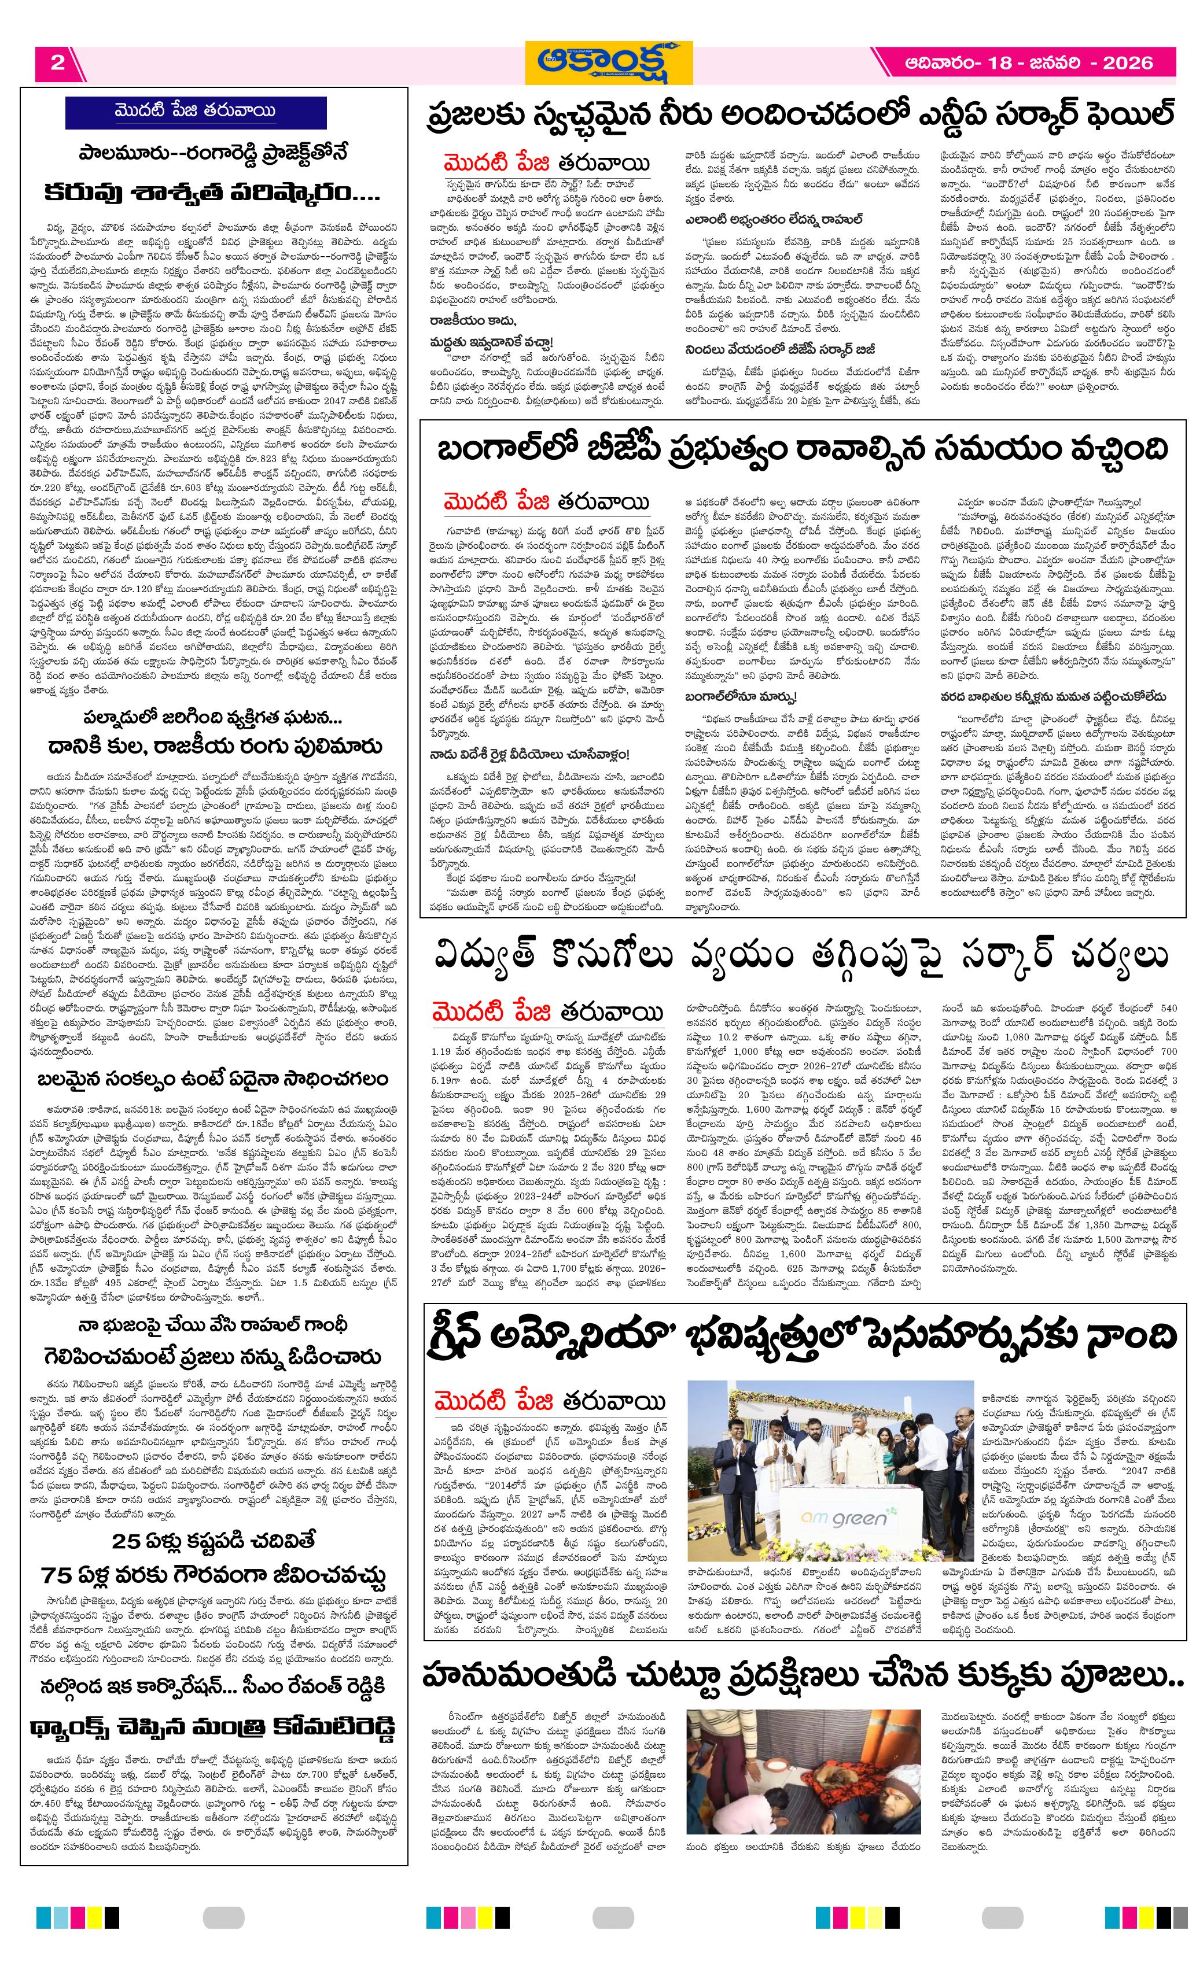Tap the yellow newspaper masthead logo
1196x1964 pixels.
pos(608,63)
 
